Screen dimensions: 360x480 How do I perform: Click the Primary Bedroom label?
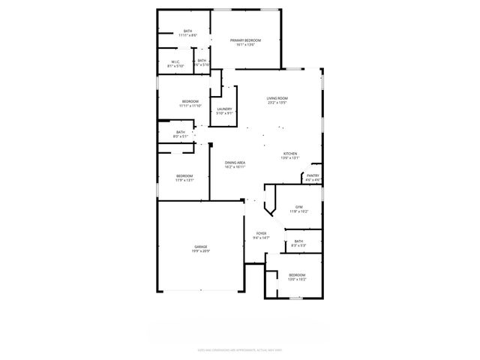click(x=246, y=40)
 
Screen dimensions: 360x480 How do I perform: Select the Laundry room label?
click(x=224, y=109)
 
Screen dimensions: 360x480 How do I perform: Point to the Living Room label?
click(x=277, y=98)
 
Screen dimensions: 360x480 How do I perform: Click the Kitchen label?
click(x=289, y=154)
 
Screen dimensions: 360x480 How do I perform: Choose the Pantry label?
click(x=313, y=175)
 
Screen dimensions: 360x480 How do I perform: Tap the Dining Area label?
click(x=235, y=162)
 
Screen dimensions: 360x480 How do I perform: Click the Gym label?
click(x=298, y=207)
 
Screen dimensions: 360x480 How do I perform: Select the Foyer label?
click(x=261, y=233)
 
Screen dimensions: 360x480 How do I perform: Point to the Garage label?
click(x=200, y=247)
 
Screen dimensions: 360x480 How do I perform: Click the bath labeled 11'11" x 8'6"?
click(x=187, y=31)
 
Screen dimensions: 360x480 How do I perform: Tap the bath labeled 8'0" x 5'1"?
click(x=181, y=132)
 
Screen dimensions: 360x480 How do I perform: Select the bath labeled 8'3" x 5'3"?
click(x=298, y=241)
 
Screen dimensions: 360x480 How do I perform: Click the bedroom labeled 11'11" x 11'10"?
click(x=190, y=101)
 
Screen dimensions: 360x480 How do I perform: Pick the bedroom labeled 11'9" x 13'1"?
click(x=184, y=175)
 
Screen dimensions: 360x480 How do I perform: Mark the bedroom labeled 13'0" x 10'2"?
click(x=298, y=274)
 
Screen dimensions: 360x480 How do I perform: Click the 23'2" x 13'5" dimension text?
click(x=277, y=103)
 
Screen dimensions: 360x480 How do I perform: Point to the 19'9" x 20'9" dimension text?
click(x=200, y=251)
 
